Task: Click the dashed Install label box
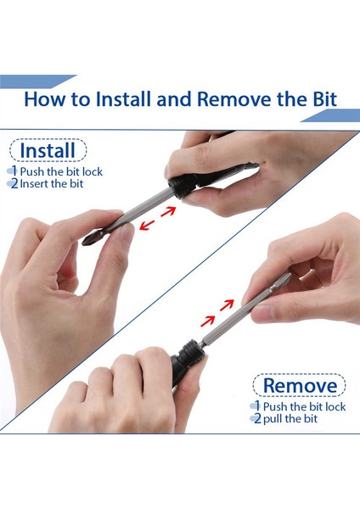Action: [48, 150]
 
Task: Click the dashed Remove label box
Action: [299, 385]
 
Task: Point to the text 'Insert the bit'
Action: [52, 184]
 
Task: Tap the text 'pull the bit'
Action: [290, 419]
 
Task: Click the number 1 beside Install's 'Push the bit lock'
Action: [14, 171]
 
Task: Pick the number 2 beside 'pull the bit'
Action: [257, 418]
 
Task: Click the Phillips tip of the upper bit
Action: [89, 239]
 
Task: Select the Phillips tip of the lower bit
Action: [284, 277]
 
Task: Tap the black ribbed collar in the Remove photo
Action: [189, 354]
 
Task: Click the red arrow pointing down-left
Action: [147, 225]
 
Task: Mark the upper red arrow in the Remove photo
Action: [227, 305]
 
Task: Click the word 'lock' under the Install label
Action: [93, 171]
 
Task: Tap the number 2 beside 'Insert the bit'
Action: [14, 184]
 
